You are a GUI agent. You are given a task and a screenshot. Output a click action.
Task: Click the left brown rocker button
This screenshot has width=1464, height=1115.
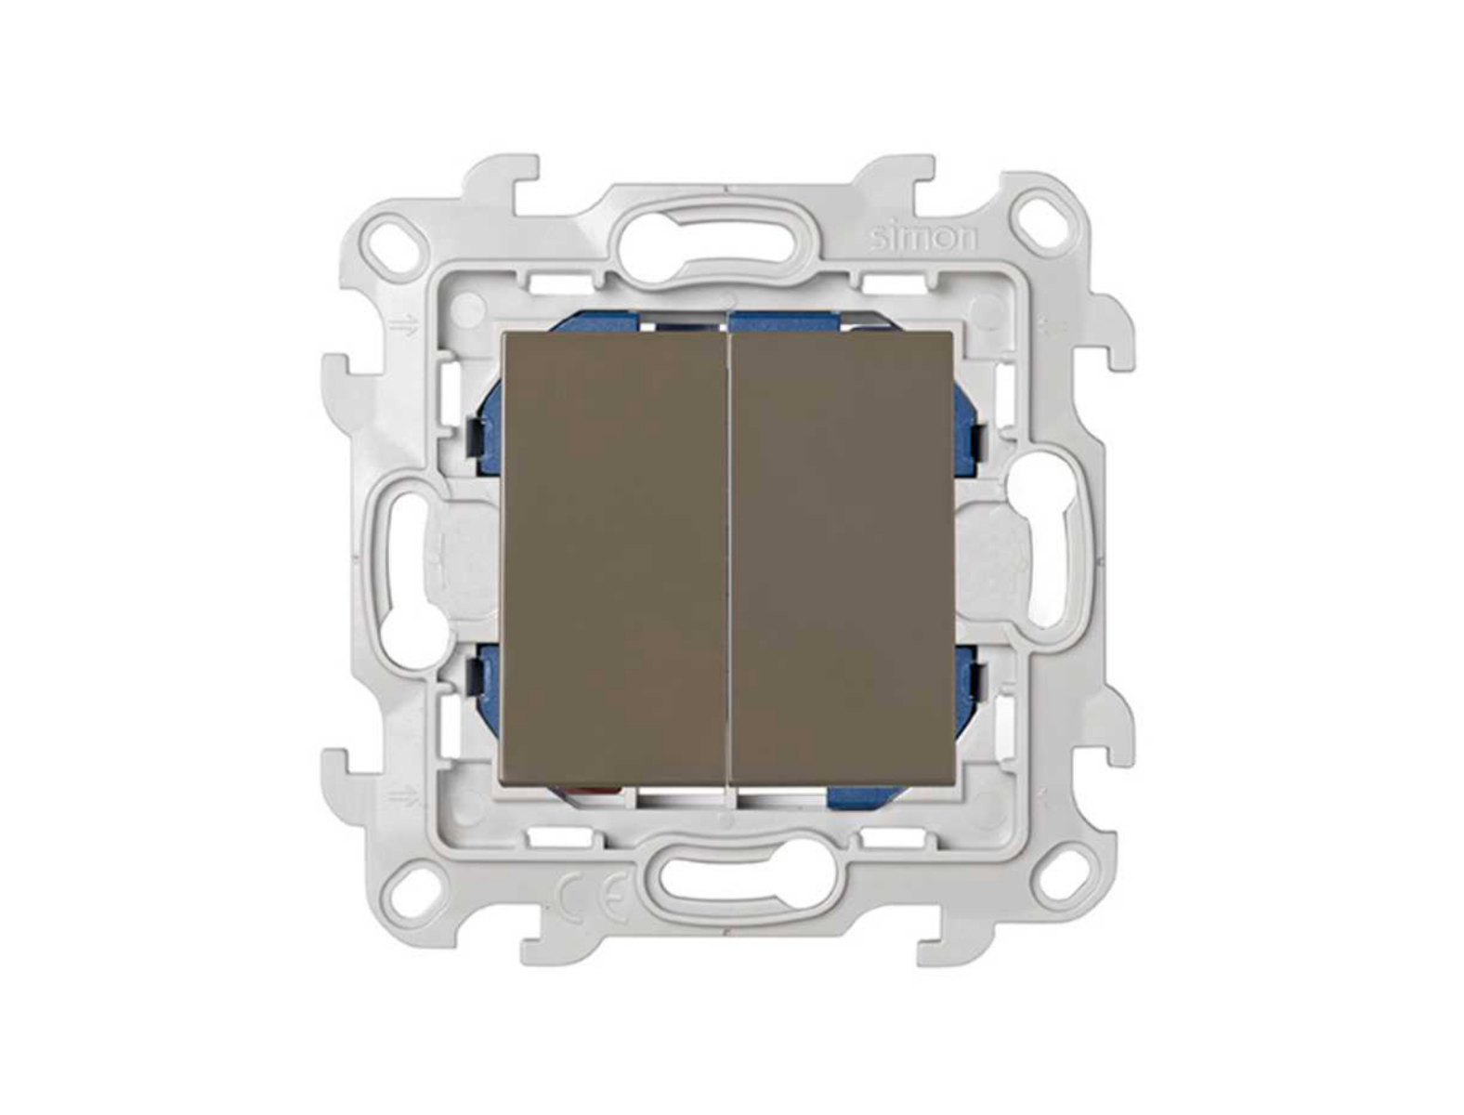click(612, 557)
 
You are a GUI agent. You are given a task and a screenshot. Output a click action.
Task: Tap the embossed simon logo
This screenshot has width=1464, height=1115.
click(923, 239)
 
